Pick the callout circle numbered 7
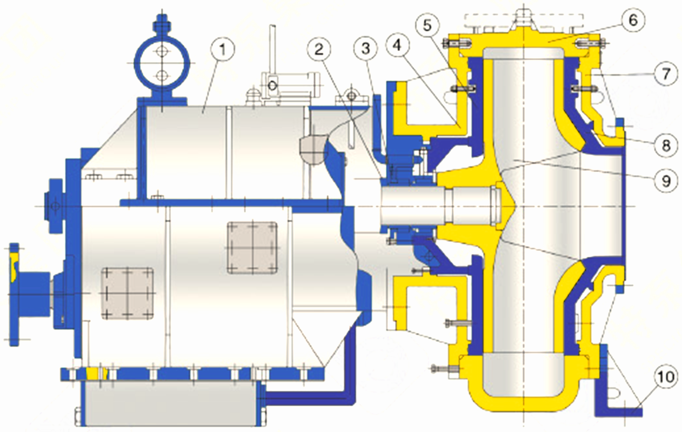click(665, 75)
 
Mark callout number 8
click(665, 144)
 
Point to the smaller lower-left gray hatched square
click(128, 293)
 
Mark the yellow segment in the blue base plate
click(97, 374)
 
